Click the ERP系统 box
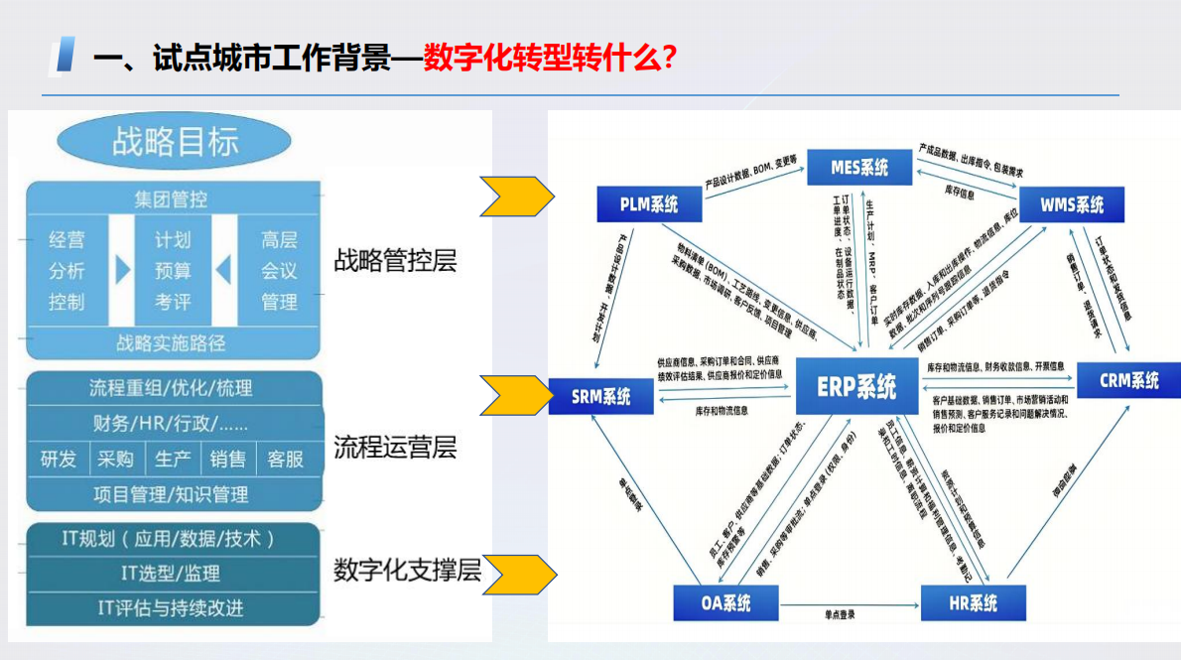pyautogui.click(x=855, y=385)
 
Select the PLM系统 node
pyautogui.click(x=649, y=205)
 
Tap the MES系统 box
pyautogui.click(x=859, y=168)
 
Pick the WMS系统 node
pyautogui.click(x=1072, y=205)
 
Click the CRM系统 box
pyautogui.click(x=1128, y=380)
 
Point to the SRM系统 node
pyautogui.click(x=600, y=396)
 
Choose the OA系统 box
pyautogui.click(x=724, y=602)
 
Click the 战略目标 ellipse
pyautogui.click(x=175, y=142)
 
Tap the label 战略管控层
pyautogui.click(x=395, y=261)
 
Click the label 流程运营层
pyautogui.click(x=395, y=447)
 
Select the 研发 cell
pyautogui.click(x=58, y=460)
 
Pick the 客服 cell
pyautogui.click(x=286, y=460)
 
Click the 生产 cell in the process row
pyautogui.click(x=173, y=460)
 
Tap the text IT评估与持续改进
pyautogui.click(x=170, y=607)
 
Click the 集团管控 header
pyautogui.click(x=171, y=199)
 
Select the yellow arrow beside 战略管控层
pyautogui.click(x=516, y=197)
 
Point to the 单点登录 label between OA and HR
pyautogui.click(x=839, y=615)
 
